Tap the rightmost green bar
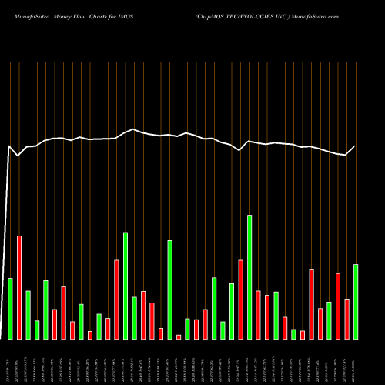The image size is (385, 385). (356, 301)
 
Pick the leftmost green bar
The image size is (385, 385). (10, 308)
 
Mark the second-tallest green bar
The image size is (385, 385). (126, 286)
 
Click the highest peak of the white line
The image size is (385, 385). (134, 129)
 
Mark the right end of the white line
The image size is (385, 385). (356, 146)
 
